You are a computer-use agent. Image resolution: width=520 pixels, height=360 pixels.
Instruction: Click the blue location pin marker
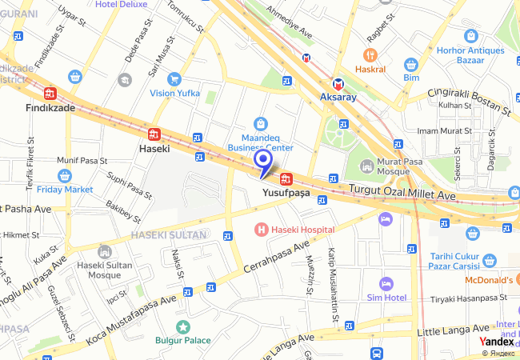tap(264, 162)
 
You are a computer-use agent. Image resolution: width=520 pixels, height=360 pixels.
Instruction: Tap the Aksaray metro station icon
tap(338, 84)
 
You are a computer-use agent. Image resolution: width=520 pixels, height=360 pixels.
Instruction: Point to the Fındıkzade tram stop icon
tap(50, 93)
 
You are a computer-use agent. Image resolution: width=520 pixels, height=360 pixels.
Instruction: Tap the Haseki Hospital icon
tap(260, 230)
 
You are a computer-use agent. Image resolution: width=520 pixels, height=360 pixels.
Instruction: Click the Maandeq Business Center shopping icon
tap(260, 123)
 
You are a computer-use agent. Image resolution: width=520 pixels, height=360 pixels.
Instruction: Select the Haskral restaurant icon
tap(369, 55)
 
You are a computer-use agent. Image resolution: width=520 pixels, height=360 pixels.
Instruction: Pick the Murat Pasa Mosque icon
tap(367, 166)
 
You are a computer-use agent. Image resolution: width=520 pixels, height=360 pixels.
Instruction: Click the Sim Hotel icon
tap(386, 283)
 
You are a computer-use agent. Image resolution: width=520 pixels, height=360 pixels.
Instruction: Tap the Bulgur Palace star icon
tap(183, 326)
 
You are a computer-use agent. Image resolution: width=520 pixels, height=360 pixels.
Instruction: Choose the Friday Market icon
tap(65, 175)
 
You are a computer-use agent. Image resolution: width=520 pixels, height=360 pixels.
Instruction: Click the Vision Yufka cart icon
tap(174, 78)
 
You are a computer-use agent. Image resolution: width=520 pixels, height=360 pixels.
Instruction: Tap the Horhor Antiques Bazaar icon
tap(471, 36)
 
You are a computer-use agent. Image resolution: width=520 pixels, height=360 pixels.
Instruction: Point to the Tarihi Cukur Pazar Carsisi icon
tap(490, 261)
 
